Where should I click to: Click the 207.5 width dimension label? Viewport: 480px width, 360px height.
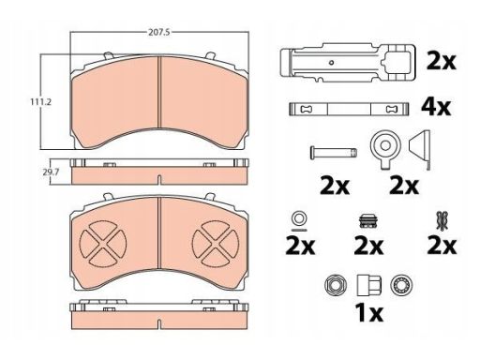click(158, 32)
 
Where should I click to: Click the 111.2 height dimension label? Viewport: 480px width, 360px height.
click(40, 102)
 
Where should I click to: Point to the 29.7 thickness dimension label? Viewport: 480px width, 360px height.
click(52, 172)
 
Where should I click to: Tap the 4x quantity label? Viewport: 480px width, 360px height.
click(436, 107)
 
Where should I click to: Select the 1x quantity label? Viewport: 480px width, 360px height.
click(368, 313)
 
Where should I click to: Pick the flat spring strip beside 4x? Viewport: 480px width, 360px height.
click(349, 110)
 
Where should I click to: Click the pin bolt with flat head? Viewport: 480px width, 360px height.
click(334, 153)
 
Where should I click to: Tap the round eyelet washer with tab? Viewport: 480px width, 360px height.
click(385, 149)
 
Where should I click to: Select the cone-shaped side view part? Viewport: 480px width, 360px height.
click(420, 149)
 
